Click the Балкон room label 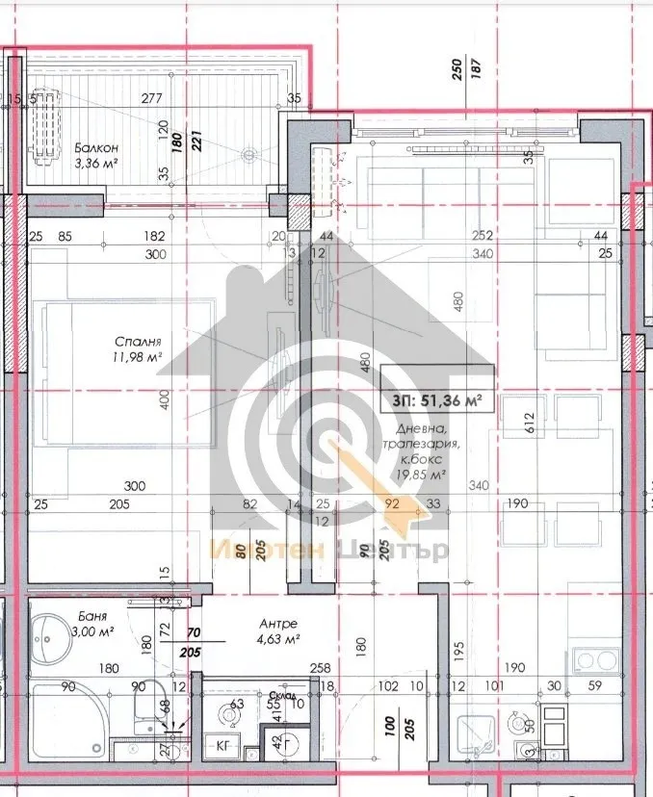tap(96, 147)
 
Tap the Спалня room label tap(136, 341)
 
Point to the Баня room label tap(94, 615)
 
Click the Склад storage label tap(281, 694)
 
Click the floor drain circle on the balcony tap(250, 152)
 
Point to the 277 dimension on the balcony tap(150, 98)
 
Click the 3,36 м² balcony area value tap(96, 162)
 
